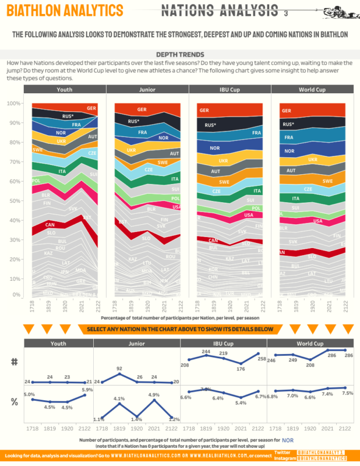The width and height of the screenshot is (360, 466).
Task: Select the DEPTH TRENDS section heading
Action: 181,54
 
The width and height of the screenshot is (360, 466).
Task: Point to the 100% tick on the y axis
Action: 13,103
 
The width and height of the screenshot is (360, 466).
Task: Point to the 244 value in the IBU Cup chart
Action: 206,351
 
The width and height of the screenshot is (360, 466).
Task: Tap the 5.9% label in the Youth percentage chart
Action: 87,390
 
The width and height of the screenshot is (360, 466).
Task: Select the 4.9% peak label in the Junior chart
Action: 154,394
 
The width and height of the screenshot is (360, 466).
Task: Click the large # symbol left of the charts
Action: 15,362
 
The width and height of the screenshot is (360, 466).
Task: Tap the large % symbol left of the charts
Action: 15,401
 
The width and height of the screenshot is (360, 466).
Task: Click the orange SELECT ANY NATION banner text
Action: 180,329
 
